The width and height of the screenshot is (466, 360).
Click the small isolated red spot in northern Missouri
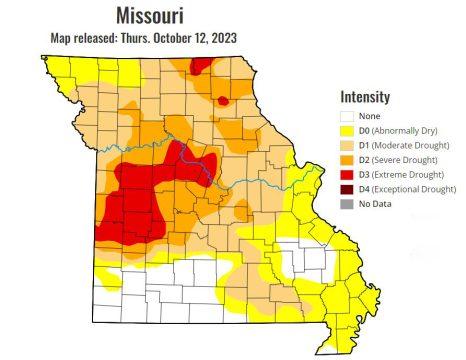pos(223,100)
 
